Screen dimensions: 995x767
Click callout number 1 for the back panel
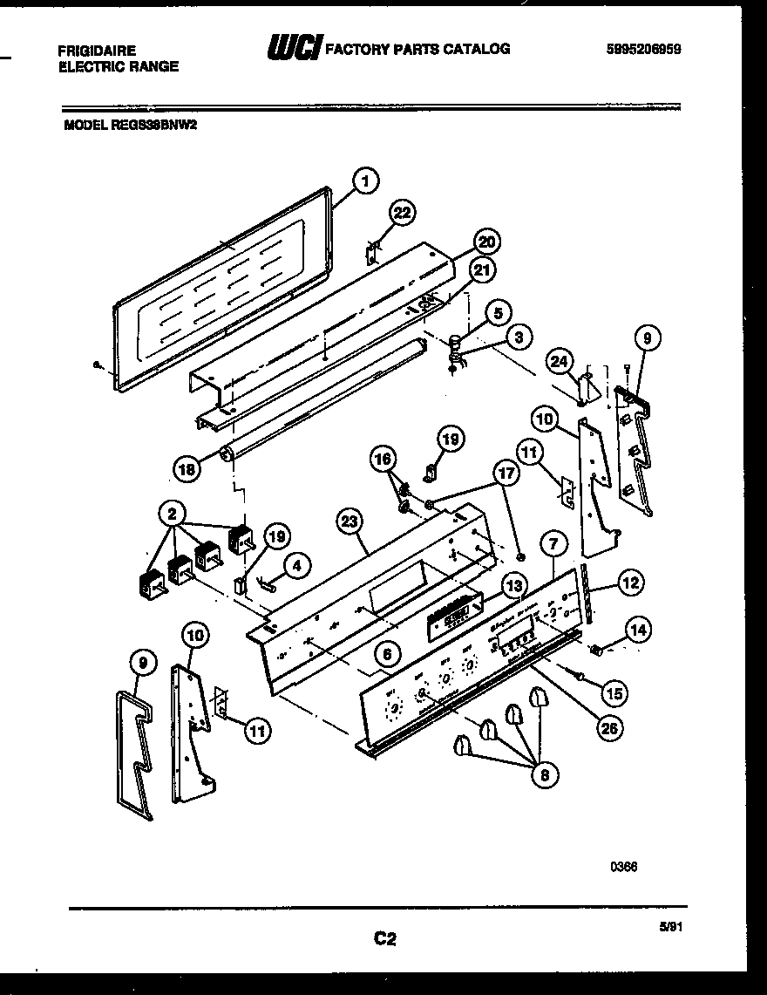click(366, 182)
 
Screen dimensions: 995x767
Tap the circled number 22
click(403, 214)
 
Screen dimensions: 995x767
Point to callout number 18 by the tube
click(187, 468)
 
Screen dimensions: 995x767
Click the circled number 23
click(350, 522)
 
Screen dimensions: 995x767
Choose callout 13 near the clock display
click(514, 584)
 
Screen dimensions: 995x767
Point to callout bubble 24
click(560, 360)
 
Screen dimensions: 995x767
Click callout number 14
click(639, 629)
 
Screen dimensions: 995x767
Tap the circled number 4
click(296, 565)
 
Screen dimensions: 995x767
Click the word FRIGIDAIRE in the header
click(97, 51)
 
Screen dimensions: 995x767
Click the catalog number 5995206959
click(643, 50)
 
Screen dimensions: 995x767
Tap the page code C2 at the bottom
click(385, 938)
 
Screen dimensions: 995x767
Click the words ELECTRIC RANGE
click(118, 66)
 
